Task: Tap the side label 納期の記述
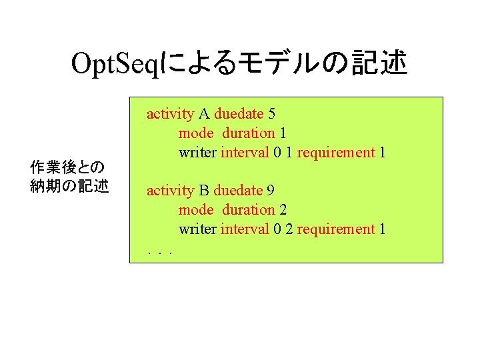(x=69, y=186)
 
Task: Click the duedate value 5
(x=271, y=114)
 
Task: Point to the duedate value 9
(x=271, y=191)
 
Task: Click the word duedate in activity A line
(x=239, y=114)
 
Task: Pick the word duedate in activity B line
(x=238, y=191)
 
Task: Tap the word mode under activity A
(x=196, y=133)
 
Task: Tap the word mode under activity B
(x=196, y=210)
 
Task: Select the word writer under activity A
(x=197, y=153)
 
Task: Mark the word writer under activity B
(x=197, y=229)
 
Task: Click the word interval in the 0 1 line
(x=245, y=153)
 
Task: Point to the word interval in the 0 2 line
(x=245, y=229)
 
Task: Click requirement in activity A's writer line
(x=336, y=153)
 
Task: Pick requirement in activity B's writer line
(x=336, y=229)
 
